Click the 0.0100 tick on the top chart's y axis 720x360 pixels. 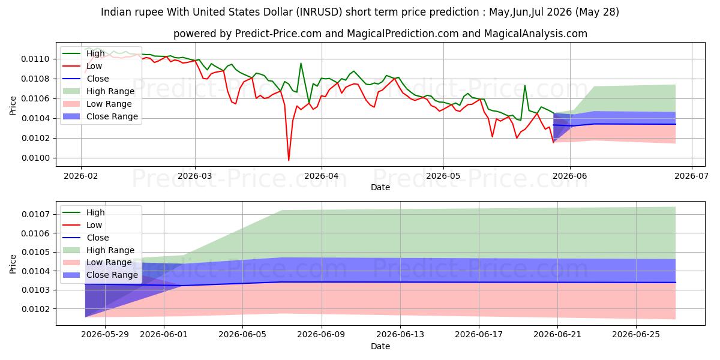coord(35,158)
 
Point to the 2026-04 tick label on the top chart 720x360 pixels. coord(322,176)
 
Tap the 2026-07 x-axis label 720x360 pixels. coord(691,176)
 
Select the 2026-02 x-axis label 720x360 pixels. coord(81,176)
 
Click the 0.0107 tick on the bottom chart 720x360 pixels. coord(35,214)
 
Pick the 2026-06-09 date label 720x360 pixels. coord(321,335)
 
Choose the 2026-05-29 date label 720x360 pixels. coord(105,335)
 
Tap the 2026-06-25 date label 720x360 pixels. coord(636,335)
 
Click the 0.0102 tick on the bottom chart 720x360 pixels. coord(35,309)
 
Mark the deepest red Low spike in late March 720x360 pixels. coord(289,160)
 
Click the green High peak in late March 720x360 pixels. coord(301,64)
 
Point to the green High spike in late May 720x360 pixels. coord(525,85)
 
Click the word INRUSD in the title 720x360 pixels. coord(319,12)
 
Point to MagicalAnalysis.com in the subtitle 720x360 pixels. coord(535,34)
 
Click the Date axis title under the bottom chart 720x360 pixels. coord(380,347)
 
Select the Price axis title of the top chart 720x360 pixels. coord(13,106)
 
